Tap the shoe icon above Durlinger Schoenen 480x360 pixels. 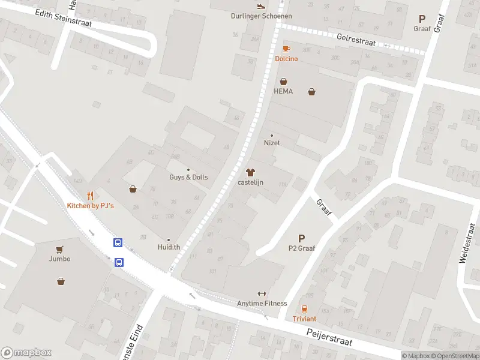[x=260, y=6]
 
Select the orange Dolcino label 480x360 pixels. [x=286, y=59]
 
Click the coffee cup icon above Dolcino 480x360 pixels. [x=286, y=49]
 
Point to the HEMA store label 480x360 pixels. [x=283, y=91]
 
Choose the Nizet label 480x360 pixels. [x=272, y=143]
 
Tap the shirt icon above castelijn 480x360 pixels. [x=251, y=172]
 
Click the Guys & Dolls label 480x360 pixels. [x=188, y=178]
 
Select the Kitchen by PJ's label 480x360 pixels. [x=90, y=206]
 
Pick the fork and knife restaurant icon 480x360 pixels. [x=90, y=196]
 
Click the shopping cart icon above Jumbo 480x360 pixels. [x=59, y=249]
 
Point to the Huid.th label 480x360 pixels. [x=169, y=247]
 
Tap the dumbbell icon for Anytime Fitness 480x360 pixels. [x=262, y=293]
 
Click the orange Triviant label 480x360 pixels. [x=304, y=319]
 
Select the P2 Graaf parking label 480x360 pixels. [x=302, y=248]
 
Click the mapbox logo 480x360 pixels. [x=26, y=353]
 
